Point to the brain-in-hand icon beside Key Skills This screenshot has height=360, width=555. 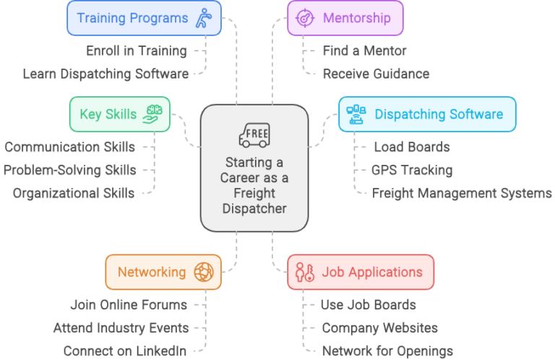coord(154,113)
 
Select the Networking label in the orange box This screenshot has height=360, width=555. coord(152,272)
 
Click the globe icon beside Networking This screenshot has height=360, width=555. coord(204,272)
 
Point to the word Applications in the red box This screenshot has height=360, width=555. coord(383,272)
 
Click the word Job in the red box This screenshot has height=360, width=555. coord(332,272)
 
